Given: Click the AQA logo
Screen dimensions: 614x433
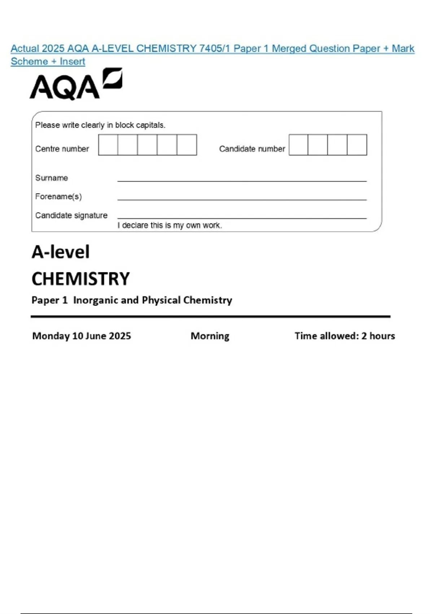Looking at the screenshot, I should click(76, 84).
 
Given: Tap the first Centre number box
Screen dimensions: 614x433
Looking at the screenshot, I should click(108, 145).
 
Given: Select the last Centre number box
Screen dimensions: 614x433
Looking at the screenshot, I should click(187, 145).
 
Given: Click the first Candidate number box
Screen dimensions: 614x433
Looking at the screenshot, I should click(298, 145).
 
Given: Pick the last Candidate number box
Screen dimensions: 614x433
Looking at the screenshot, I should click(357, 145).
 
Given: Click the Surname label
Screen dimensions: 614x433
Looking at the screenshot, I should click(52, 178).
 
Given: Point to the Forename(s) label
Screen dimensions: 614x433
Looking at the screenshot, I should click(58, 196).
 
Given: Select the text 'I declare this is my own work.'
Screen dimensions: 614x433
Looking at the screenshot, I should click(170, 225).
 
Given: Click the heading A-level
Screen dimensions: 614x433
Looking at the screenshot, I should click(61, 252).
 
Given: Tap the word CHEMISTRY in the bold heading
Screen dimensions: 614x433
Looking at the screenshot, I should click(80, 279).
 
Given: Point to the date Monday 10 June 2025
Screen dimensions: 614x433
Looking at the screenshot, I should click(82, 336).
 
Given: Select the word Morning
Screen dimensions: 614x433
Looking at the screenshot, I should click(210, 336).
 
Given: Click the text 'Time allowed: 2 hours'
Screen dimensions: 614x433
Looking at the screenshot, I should click(345, 336).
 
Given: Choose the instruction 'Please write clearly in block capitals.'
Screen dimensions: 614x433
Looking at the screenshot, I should click(100, 125).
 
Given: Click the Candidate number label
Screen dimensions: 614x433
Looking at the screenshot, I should click(252, 149).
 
